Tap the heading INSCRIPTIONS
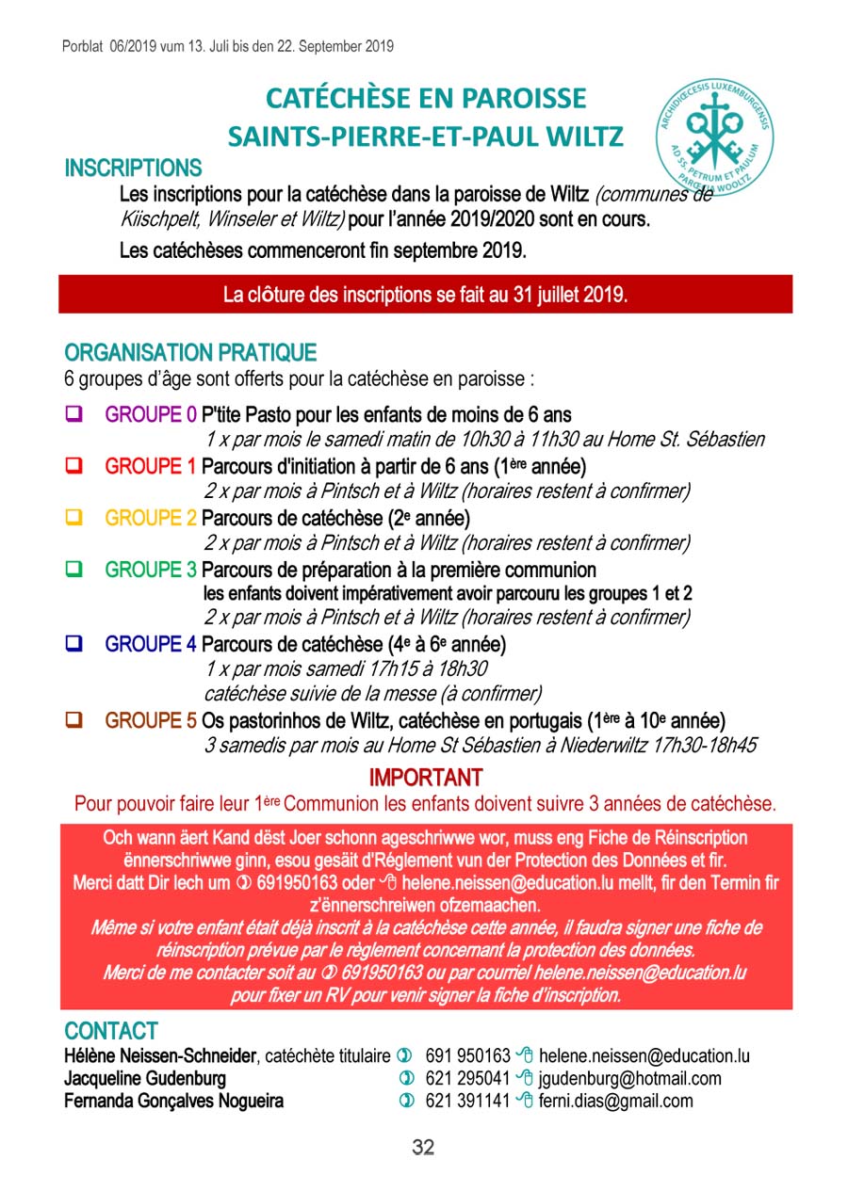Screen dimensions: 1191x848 click(x=133, y=169)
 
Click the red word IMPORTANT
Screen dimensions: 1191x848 click(x=425, y=778)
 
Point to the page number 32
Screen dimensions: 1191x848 click(x=423, y=1147)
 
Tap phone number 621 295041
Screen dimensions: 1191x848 click(x=467, y=1079)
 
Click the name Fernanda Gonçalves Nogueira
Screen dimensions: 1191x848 click(x=173, y=1101)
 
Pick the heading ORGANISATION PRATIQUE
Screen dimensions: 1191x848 click(x=190, y=353)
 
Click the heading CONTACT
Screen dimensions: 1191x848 click(x=111, y=1031)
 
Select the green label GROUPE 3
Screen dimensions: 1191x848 click(x=151, y=570)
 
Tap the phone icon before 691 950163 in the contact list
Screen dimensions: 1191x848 click(x=406, y=1056)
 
